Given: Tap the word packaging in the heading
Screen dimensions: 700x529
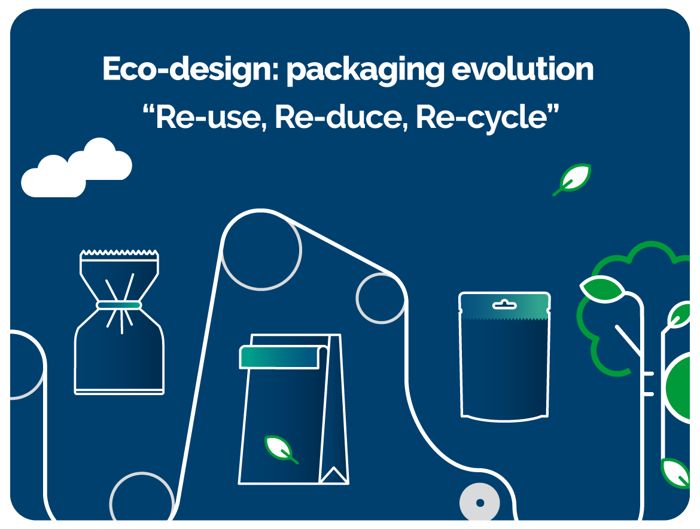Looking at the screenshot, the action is pyautogui.click(x=366, y=70).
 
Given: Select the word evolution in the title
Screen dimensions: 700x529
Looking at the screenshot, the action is pyautogui.click(x=523, y=69).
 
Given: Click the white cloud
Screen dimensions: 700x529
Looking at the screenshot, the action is pyautogui.click(x=77, y=168).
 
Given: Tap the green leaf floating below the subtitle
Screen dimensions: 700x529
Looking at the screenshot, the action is pyautogui.click(x=572, y=179).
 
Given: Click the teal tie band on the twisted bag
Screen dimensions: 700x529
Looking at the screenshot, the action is pyautogui.click(x=119, y=305).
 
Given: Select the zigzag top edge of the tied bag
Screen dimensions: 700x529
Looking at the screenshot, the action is pyautogui.click(x=119, y=253).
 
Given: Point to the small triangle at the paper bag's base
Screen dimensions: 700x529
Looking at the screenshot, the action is pyautogui.click(x=334, y=475).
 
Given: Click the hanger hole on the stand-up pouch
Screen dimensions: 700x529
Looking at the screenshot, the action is pyautogui.click(x=504, y=305).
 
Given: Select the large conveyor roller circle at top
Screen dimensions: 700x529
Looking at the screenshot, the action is pyautogui.click(x=261, y=250).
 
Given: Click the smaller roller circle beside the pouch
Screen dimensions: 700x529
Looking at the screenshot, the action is pyautogui.click(x=381, y=298).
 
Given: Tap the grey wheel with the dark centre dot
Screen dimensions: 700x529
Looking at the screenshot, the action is pyautogui.click(x=480, y=503).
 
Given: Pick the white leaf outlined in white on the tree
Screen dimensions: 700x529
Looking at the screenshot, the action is pyautogui.click(x=602, y=289).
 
